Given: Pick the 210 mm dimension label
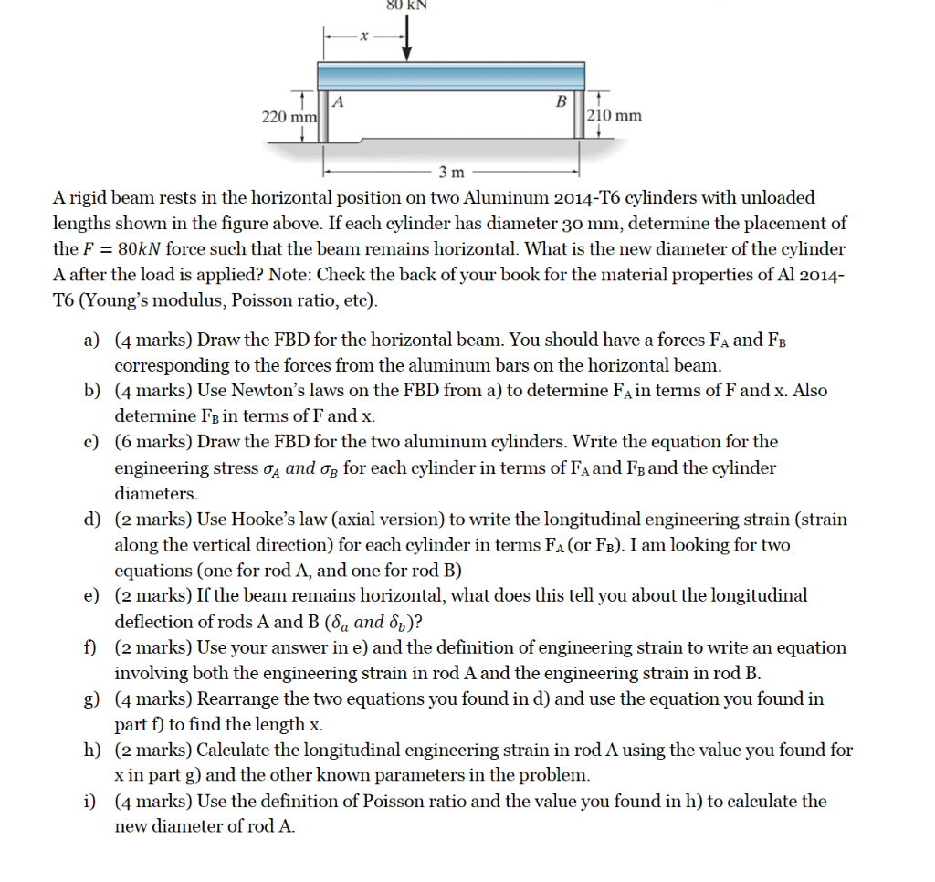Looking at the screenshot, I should pos(615,115).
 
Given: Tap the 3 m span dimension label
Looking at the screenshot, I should pos(451,172).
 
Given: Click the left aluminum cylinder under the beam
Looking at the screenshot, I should pos(324,116).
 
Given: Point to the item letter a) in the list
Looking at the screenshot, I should pos(91,340).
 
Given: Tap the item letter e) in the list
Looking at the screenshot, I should pos(91,595).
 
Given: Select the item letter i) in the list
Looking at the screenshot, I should pos(90,801).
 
